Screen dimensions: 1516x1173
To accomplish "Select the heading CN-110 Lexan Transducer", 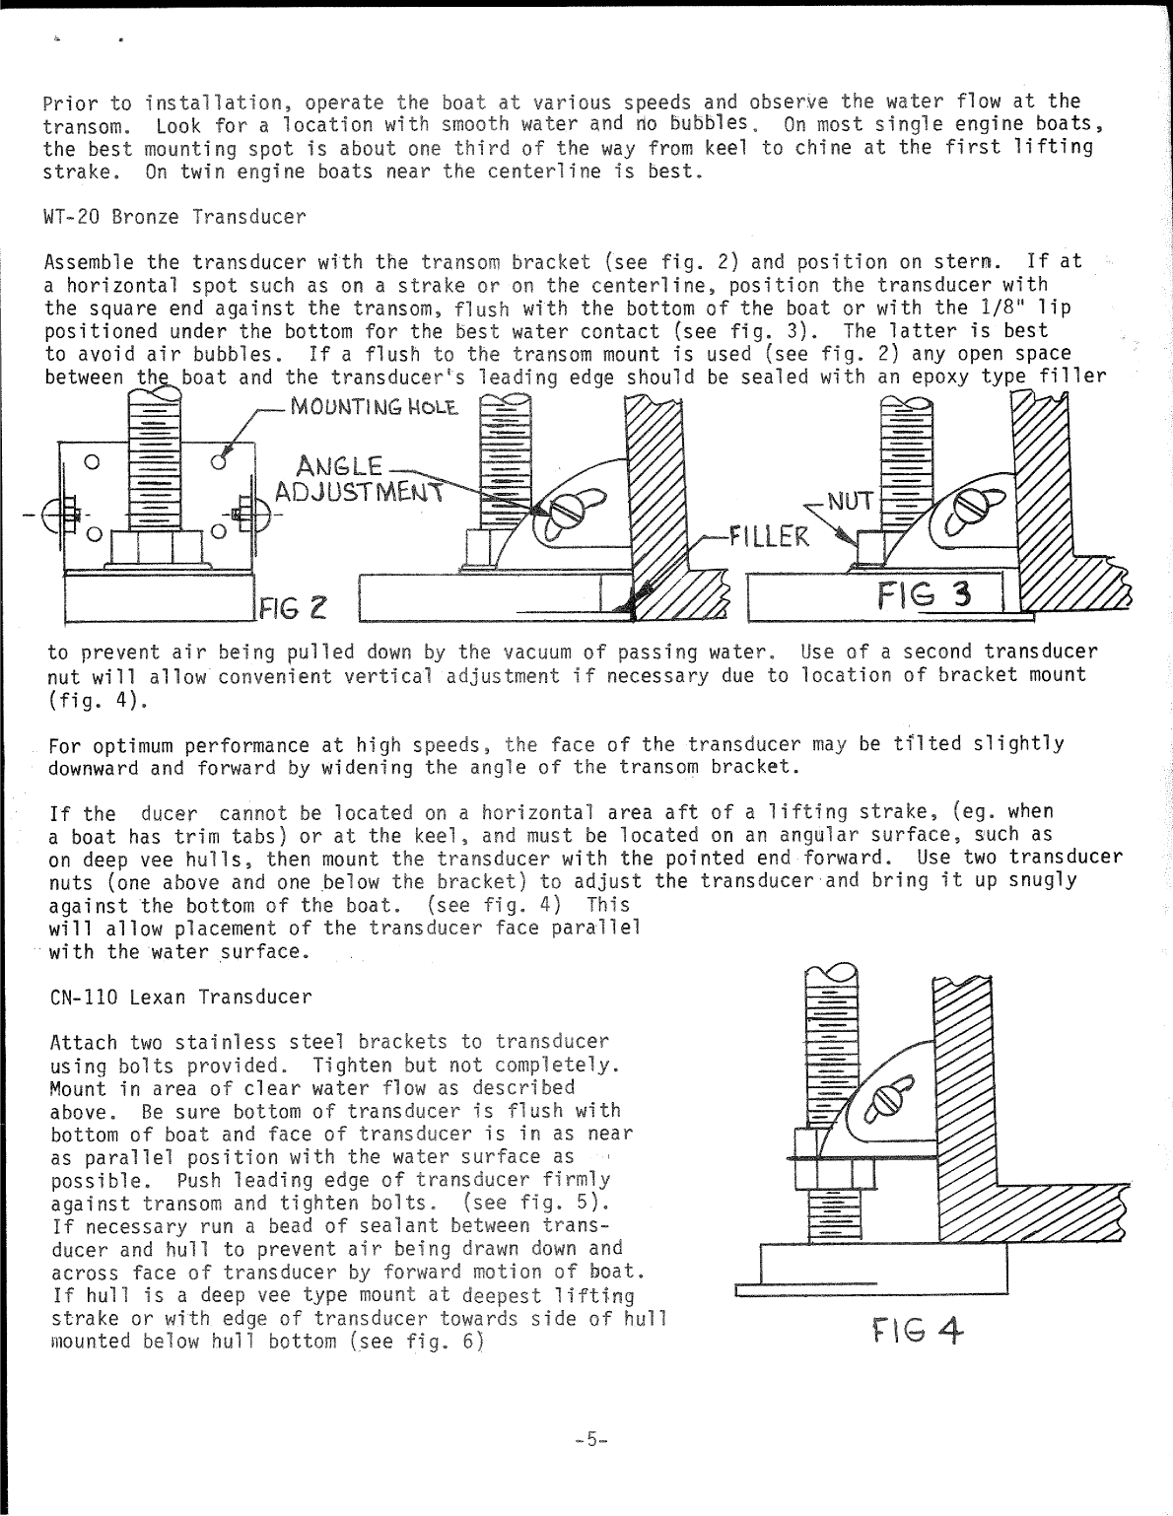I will click(179, 997).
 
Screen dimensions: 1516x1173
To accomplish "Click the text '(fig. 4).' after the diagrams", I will click(83, 700).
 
